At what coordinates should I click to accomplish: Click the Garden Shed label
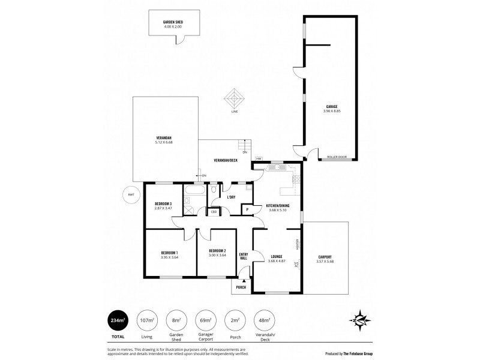[173, 22]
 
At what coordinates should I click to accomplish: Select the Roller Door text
[337, 157]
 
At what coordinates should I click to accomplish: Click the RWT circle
[130, 194]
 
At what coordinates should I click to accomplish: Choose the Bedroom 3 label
[163, 203]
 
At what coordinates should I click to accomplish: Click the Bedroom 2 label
[217, 251]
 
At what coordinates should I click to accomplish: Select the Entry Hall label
[244, 256]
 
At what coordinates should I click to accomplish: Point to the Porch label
[241, 287]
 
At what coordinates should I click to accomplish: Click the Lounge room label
[276, 257]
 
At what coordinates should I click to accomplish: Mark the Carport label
[324, 257]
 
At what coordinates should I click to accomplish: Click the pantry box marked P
[247, 209]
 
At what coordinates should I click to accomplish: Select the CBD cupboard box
[214, 212]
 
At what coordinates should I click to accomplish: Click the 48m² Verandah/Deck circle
[265, 321]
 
